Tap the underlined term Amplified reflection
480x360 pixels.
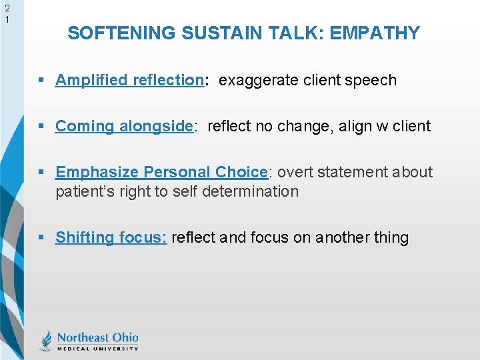tap(129, 81)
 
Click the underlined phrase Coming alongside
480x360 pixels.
tap(124, 126)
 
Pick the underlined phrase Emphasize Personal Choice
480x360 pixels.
tap(161, 172)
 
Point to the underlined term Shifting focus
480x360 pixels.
tap(111, 237)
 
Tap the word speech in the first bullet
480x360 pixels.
tap(373, 81)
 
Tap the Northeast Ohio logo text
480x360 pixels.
tap(97, 337)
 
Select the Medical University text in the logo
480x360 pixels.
tap(97, 348)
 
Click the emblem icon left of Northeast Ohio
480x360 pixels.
tap(46, 341)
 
